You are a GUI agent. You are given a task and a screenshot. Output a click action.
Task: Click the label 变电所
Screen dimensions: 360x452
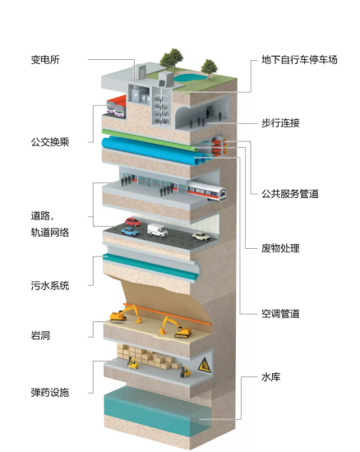(45, 60)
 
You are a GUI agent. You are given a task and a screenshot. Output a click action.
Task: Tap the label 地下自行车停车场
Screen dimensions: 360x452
(299, 60)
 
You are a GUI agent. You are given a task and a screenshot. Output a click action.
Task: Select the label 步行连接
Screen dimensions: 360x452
(280, 123)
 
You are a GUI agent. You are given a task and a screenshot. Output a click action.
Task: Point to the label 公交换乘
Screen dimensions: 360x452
(50, 142)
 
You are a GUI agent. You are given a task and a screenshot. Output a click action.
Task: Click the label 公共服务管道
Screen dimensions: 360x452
(289, 194)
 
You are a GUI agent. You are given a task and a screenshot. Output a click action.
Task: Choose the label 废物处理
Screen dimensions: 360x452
(280, 248)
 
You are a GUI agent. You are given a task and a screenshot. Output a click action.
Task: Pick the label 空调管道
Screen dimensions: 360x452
(280, 314)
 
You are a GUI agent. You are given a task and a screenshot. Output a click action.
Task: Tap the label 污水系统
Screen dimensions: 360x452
(50, 286)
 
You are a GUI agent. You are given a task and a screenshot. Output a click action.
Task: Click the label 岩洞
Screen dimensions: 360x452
(40, 335)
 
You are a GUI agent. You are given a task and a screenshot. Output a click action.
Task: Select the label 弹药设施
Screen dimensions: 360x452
(50, 393)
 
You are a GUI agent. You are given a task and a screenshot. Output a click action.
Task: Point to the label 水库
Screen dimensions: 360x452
(270, 377)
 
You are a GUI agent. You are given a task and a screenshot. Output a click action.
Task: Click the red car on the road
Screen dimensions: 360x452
(133, 222)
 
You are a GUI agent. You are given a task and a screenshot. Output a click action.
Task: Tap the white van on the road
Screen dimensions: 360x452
(157, 230)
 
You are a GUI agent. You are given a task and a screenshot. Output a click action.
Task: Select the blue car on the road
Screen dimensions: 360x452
(130, 232)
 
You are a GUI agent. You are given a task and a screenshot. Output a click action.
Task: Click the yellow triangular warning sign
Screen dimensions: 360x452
(205, 365)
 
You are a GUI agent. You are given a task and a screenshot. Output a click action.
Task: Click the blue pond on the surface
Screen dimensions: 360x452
(190, 77)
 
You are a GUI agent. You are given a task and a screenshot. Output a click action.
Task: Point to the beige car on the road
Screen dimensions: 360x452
(201, 237)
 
